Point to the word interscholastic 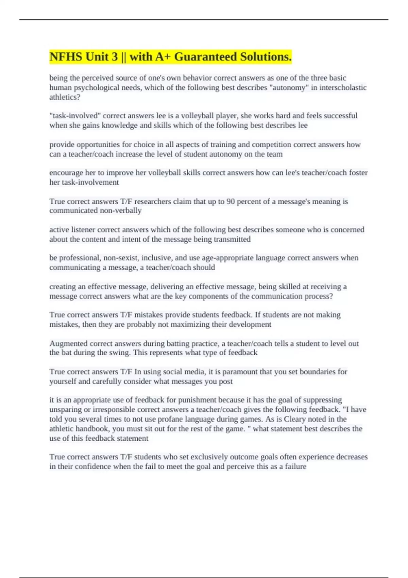(x=343, y=87)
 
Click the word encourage (x=66, y=173)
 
